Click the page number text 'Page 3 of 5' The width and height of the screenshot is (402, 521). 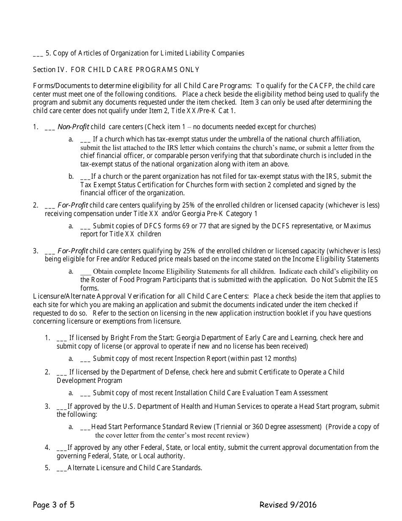click(54, 504)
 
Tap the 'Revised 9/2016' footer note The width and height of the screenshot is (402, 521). click(288, 504)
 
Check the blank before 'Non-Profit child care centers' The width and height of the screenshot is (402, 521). click(50, 127)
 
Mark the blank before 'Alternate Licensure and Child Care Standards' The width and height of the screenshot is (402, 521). click(61, 468)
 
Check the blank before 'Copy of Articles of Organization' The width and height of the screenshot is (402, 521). click(38, 53)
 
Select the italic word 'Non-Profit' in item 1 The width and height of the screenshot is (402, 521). click(73, 127)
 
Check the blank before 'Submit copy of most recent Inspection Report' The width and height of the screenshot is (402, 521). click(85, 359)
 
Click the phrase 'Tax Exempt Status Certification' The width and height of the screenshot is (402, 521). click(127, 185)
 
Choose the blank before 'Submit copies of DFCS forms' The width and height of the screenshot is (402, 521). click(85, 226)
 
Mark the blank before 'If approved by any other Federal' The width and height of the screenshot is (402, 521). click(61, 448)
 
